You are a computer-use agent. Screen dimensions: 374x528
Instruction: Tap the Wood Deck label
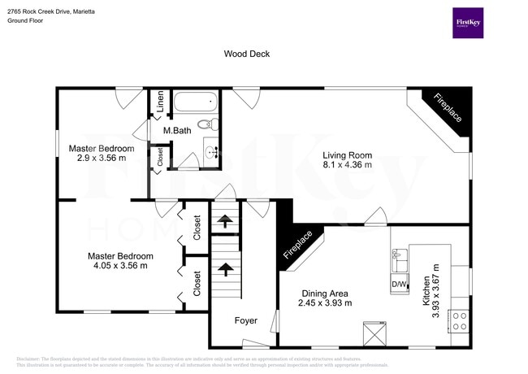tap(247, 54)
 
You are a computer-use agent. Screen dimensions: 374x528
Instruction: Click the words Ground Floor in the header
tap(26, 20)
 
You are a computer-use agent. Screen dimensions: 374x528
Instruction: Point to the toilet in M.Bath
tap(210, 124)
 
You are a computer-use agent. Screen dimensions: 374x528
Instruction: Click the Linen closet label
tap(161, 102)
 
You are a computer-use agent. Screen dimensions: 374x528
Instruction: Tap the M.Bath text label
tap(177, 131)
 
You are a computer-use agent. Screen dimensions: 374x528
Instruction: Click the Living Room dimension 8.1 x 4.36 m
tap(347, 165)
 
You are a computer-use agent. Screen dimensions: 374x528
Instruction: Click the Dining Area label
tap(325, 294)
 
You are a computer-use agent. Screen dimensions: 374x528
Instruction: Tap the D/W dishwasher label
tap(399, 284)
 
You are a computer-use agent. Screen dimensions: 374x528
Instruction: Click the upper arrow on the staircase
tap(224, 219)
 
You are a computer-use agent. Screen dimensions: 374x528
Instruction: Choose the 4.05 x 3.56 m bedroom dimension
tap(120, 266)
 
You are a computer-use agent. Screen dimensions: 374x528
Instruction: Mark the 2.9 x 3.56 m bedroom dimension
tap(101, 159)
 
